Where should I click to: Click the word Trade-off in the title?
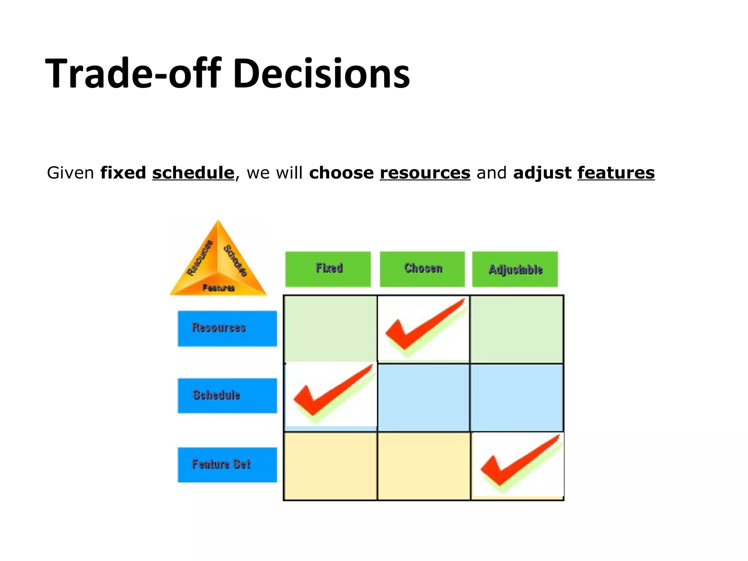point(133,74)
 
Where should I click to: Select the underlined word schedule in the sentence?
point(193,173)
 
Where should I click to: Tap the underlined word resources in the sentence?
point(425,173)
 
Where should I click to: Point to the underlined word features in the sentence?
point(616,173)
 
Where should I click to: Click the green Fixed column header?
point(328,269)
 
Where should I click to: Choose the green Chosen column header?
point(422,269)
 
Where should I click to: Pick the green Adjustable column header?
point(515,270)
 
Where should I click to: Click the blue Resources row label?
point(227,328)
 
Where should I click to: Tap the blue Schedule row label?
point(227,396)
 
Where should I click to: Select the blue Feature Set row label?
point(227,465)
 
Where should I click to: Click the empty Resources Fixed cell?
point(331,329)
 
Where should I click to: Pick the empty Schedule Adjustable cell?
point(516,397)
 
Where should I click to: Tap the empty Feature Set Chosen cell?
point(424,466)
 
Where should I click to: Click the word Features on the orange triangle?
point(218,288)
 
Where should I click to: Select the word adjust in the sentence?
point(542,173)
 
